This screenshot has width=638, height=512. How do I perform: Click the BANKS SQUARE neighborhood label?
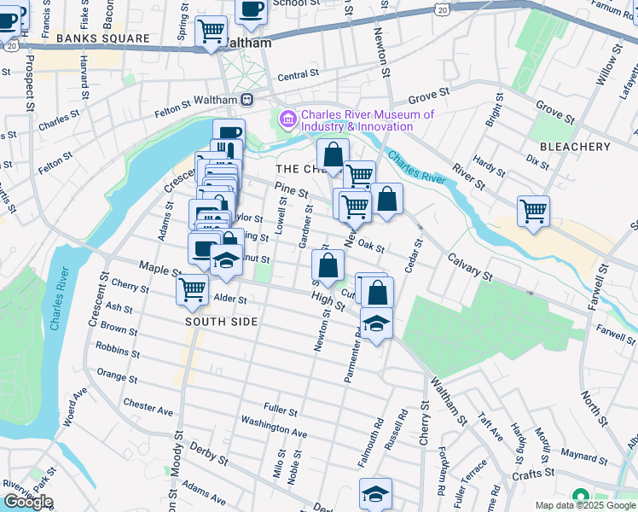(x=102, y=39)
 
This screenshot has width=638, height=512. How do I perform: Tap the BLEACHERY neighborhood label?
(x=575, y=147)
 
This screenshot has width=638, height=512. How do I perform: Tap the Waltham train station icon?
(x=246, y=100)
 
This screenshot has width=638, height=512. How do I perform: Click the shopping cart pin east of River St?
(x=533, y=211)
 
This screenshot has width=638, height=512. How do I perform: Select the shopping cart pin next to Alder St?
(x=193, y=288)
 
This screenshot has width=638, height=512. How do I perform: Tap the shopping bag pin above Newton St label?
(x=328, y=266)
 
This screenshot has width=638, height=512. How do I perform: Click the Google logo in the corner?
(x=28, y=502)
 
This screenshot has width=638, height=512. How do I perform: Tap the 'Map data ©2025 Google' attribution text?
(x=585, y=506)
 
